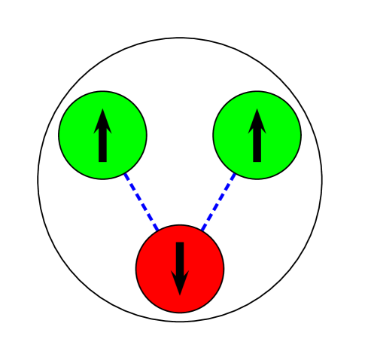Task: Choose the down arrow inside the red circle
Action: pyautogui.click(x=180, y=268)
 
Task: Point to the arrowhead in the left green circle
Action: pyautogui.click(x=102, y=123)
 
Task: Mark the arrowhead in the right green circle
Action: pyautogui.click(x=257, y=123)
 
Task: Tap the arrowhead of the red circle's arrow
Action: pyautogui.click(x=180, y=282)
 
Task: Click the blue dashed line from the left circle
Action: pyautogui.click(x=141, y=201)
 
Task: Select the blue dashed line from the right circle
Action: pyautogui.click(x=218, y=201)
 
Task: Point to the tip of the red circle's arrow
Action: pyautogui.click(x=180, y=295)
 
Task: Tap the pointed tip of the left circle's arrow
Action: pyautogui.click(x=102, y=109)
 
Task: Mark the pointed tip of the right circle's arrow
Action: pyautogui.click(x=257, y=109)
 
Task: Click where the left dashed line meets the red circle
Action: pyautogui.click(x=158, y=230)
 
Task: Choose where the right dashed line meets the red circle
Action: pyautogui.click(x=202, y=230)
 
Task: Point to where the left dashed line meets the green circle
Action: pyautogui.click(x=125, y=173)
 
